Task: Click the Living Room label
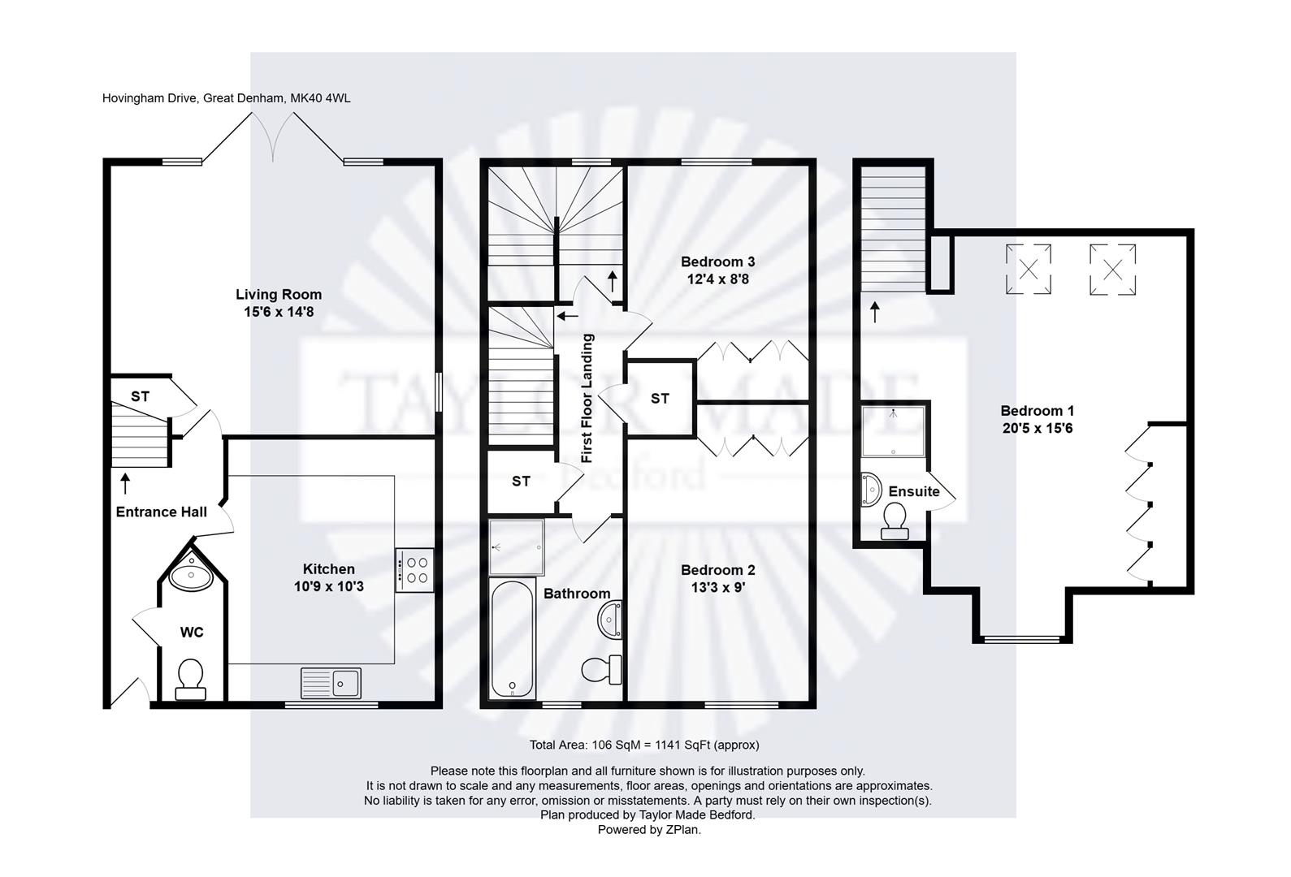(x=278, y=295)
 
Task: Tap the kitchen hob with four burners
(x=414, y=570)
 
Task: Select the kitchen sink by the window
(x=331, y=682)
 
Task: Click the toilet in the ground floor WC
(x=190, y=678)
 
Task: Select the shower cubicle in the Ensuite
(x=894, y=430)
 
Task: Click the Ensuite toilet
(x=895, y=521)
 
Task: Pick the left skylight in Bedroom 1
(x=1029, y=270)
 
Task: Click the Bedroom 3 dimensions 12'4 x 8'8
(x=717, y=279)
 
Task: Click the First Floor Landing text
(x=587, y=398)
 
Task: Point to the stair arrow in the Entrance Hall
(x=125, y=484)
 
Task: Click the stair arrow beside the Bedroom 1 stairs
(x=875, y=312)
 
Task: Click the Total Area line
(x=644, y=745)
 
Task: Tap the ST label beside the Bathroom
(x=521, y=482)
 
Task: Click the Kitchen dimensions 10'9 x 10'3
(x=328, y=585)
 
